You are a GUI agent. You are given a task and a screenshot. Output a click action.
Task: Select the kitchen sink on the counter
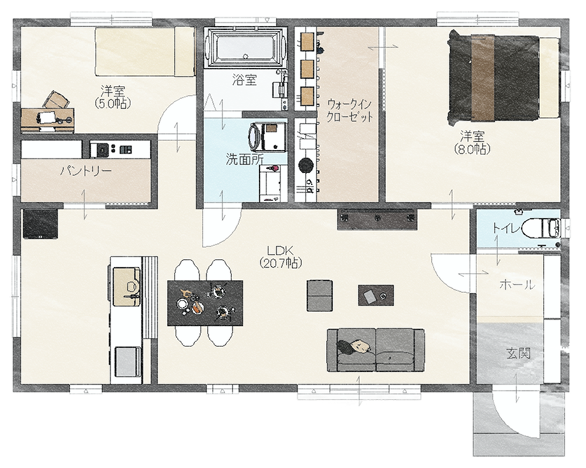coord(127,280)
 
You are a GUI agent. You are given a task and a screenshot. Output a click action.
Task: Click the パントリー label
coord(86,172)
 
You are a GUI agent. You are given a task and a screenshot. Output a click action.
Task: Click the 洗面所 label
coord(244,159)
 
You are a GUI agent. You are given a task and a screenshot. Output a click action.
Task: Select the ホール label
coord(517,285)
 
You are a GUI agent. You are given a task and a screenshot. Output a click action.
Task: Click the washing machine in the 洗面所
coord(267,137)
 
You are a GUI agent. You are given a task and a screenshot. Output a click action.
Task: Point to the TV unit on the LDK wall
coord(379,219)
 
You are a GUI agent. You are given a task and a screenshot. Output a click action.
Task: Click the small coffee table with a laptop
coord(375,295)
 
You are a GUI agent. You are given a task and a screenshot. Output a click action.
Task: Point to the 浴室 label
coord(244,81)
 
